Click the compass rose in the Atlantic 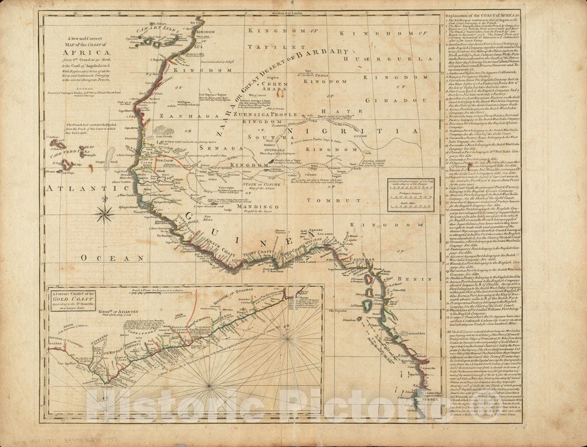click(x=104, y=214)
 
